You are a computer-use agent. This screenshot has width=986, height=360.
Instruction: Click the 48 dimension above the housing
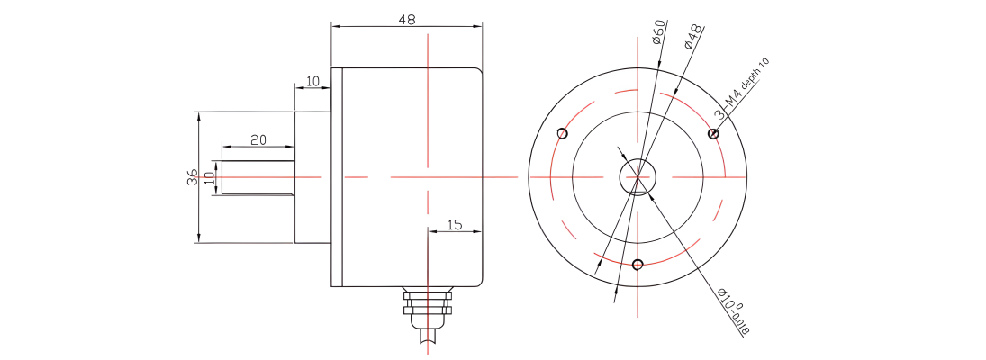pos(407,19)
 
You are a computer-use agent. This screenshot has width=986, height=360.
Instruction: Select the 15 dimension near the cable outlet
pos(455,224)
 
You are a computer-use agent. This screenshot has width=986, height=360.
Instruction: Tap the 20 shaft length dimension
pos(258,140)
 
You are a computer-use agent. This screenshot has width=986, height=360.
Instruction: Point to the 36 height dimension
pos(193,177)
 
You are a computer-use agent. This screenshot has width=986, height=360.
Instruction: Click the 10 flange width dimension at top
pos(312,82)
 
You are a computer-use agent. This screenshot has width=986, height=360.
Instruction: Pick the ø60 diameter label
pos(658,31)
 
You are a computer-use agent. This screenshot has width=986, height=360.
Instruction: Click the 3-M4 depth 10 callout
pos(742,88)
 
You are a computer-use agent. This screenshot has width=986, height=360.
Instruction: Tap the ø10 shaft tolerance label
pos(734,312)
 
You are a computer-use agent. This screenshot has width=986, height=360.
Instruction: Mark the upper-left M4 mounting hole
pos(563,133)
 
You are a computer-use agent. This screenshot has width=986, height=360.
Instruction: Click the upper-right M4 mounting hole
pos(713,133)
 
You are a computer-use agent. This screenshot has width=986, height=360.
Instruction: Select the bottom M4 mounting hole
pos(638,264)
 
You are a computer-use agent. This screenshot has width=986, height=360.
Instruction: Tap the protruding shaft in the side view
pos(258,177)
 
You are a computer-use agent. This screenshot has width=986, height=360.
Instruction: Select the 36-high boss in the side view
pos(313,177)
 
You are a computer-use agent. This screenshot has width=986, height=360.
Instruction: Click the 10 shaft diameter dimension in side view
pos(210,177)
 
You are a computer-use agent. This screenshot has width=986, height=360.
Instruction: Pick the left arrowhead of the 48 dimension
pos(336,26)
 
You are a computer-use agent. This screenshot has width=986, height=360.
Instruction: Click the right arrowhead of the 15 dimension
pos(477,231)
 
